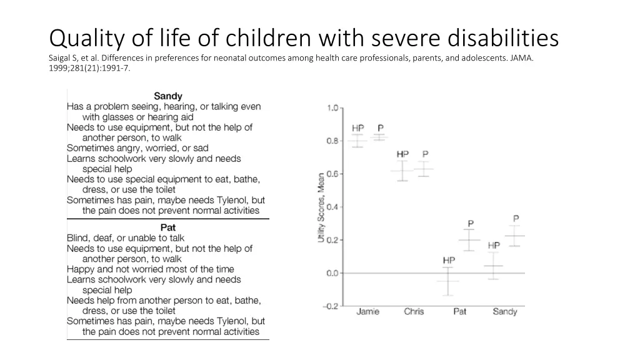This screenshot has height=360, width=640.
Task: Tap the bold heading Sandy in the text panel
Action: pyautogui.click(x=168, y=96)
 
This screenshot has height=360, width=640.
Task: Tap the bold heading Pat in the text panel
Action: pyautogui.click(x=168, y=227)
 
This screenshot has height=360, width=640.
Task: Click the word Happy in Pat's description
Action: pyautogui.click(x=81, y=269)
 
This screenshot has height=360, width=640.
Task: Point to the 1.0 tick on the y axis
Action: pyautogui.click(x=331, y=108)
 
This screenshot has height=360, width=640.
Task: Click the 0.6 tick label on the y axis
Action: pyautogui.click(x=331, y=174)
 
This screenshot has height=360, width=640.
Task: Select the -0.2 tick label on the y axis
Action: pyautogui.click(x=329, y=306)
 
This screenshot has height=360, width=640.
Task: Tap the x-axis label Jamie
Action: pyautogui.click(x=367, y=312)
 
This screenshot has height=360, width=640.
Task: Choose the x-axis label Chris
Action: pyautogui.click(x=414, y=312)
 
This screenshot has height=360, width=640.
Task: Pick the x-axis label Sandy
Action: pyautogui.click(x=504, y=312)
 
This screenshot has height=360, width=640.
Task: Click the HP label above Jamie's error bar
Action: pyautogui.click(x=357, y=128)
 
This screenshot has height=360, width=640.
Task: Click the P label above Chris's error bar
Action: pyautogui.click(x=425, y=154)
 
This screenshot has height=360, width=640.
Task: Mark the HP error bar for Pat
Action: pyautogui.click(x=448, y=281)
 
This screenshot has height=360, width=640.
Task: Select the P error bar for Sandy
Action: pyautogui.click(x=515, y=236)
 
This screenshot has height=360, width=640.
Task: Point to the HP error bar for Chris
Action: pyautogui.click(x=402, y=171)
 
